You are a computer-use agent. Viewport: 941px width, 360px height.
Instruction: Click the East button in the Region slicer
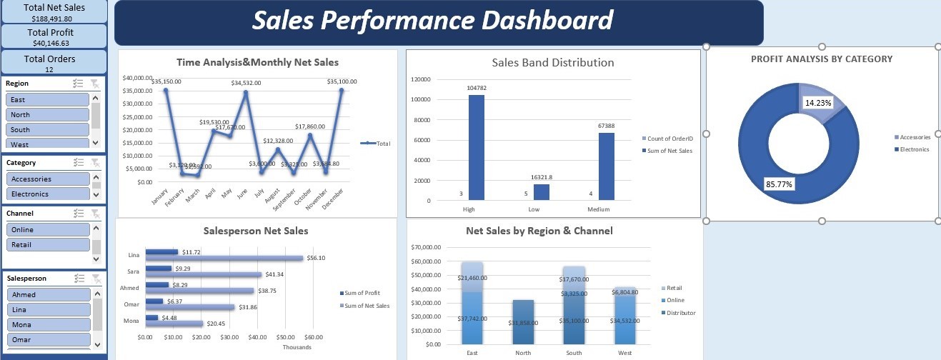(47, 100)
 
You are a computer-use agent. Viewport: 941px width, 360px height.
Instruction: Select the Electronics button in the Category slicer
(47, 194)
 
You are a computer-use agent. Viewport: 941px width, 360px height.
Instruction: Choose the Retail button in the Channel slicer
(47, 244)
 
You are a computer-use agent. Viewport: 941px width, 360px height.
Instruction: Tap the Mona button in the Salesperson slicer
(47, 324)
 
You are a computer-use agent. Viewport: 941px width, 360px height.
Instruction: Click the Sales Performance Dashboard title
(432, 21)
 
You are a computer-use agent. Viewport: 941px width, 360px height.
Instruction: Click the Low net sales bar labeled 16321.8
(542, 192)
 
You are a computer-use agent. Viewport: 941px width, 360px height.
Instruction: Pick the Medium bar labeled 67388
(606, 166)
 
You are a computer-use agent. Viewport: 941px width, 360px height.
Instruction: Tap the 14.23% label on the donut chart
(818, 103)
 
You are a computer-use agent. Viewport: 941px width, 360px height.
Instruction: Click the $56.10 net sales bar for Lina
(224, 258)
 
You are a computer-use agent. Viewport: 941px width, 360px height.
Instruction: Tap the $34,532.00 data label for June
(246, 83)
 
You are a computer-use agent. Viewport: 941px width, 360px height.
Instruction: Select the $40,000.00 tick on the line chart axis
(136, 78)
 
